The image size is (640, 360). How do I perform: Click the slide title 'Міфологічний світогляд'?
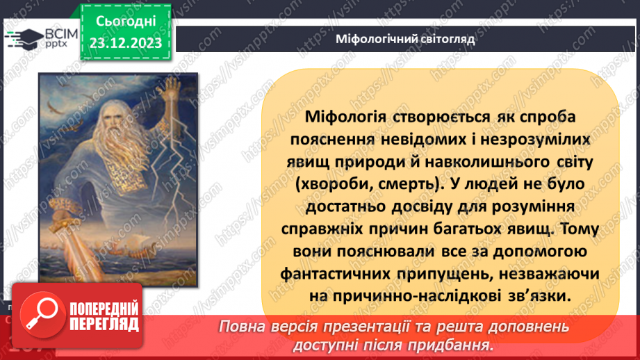click(x=404, y=39)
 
